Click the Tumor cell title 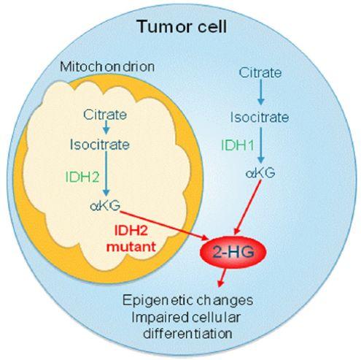tap(182, 26)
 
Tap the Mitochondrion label tap(107, 66)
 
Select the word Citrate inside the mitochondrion tap(105, 115)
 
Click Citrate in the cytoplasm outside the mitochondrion tap(260, 72)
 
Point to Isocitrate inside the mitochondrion tap(100, 145)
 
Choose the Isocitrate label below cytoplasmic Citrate tap(260, 117)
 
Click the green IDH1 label tap(238, 145)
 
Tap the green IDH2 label tap(82, 177)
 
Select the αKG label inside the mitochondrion tap(105, 206)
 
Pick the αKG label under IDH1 tap(260, 173)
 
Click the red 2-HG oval tap(233, 252)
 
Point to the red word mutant tap(131, 247)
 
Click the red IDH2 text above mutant tap(131, 230)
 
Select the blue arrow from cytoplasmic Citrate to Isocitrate tap(261, 92)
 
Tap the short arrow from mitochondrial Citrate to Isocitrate tap(106, 126)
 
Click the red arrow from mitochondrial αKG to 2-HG tap(164, 225)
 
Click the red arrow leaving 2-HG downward tap(222, 277)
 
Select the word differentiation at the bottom tap(187, 333)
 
